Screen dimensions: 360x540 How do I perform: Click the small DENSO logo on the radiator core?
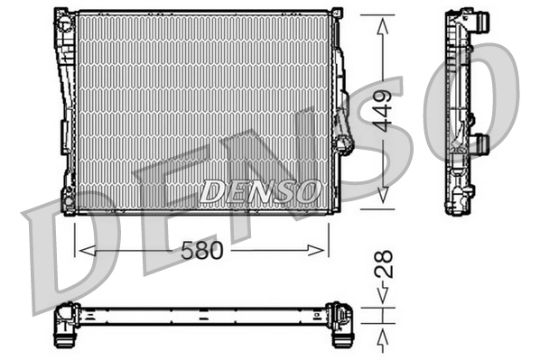[x=260, y=191]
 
